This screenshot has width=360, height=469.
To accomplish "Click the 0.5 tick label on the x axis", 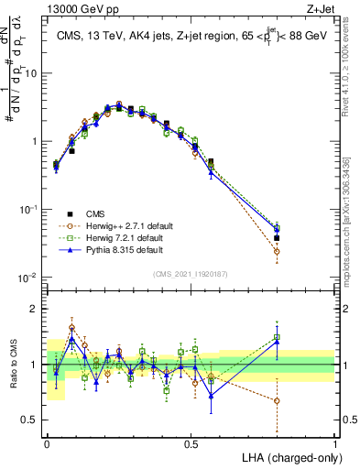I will point(191,443).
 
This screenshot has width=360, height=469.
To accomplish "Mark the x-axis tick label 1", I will point(335,443).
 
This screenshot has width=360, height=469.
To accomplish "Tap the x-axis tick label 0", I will point(47,443).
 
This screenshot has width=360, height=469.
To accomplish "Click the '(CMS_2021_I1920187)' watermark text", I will point(191,272).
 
